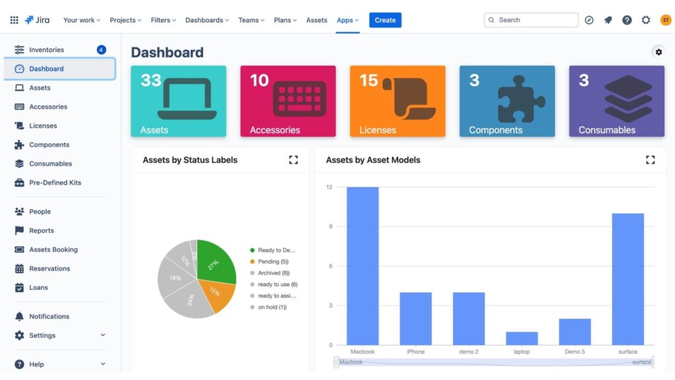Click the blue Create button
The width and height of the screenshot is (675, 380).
[x=385, y=20]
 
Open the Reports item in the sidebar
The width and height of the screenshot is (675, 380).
[x=42, y=231]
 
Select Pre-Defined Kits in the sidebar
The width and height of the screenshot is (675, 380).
[x=55, y=183]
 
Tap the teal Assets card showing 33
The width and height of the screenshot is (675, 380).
[x=178, y=101]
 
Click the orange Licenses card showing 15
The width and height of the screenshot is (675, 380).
[x=397, y=101]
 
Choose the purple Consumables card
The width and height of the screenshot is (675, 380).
[x=616, y=101]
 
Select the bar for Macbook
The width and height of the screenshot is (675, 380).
[x=363, y=265]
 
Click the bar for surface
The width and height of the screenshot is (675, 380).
[x=628, y=278]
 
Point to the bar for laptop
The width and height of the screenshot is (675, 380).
[x=521, y=338]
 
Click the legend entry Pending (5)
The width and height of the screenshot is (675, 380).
[x=273, y=262]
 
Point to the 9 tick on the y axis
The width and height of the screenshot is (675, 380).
[x=329, y=226]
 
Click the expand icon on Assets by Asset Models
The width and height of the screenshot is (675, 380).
[x=650, y=160]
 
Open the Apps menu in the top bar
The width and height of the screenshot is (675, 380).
[x=347, y=20]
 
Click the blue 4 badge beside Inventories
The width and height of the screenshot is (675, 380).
[x=101, y=49]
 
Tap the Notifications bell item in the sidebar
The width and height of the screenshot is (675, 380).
[x=49, y=317]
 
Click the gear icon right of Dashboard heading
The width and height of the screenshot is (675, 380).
[x=658, y=52]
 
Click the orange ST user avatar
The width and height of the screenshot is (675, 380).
[x=665, y=20]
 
